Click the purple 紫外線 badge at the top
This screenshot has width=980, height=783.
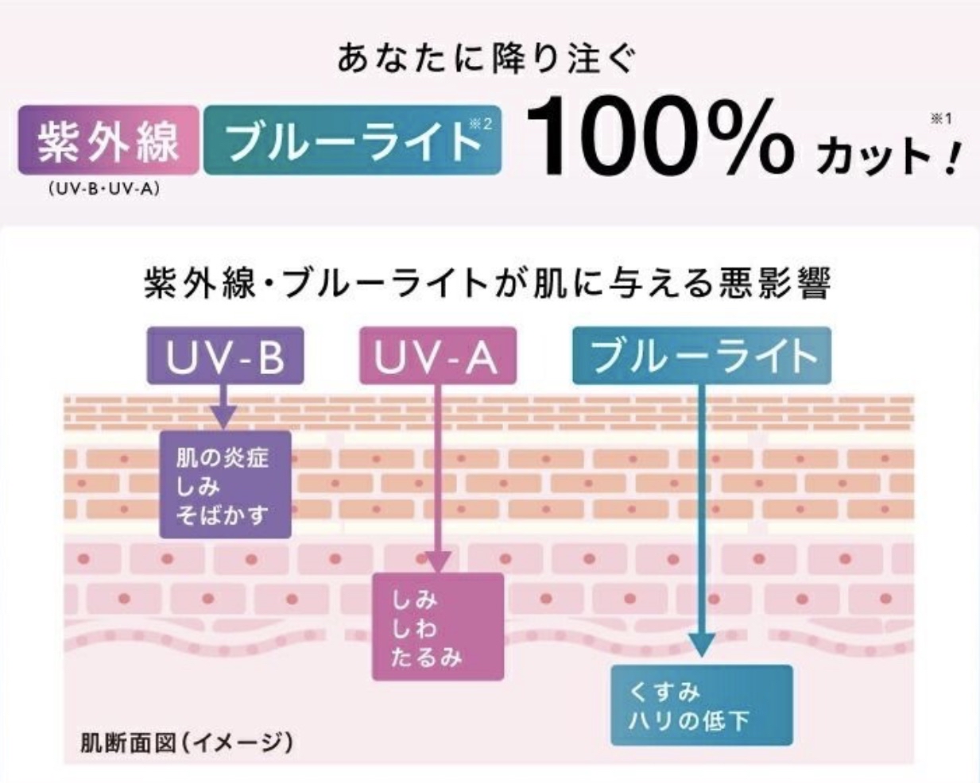coord(108,140)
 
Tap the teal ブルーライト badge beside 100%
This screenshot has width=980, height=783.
coord(352,140)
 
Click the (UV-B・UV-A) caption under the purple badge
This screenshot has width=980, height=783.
coord(104,189)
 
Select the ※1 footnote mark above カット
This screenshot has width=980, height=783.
coord(941,119)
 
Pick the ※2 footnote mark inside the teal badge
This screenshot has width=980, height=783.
coord(481,124)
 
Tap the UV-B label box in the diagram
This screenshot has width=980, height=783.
coord(226,355)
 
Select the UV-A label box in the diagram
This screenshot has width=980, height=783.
coord(438,355)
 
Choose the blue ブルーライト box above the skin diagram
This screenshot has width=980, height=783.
coord(702,355)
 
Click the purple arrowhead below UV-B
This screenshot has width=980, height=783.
coord(223,417)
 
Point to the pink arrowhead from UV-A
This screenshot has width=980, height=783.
coord(437,561)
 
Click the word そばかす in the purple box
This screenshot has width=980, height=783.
coord(222,515)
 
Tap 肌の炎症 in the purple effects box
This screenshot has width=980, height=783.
coord(223,458)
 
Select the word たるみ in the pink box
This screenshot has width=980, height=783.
coord(426,658)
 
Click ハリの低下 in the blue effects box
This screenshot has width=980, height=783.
coord(688,721)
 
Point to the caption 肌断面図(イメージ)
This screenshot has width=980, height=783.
coord(186,743)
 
